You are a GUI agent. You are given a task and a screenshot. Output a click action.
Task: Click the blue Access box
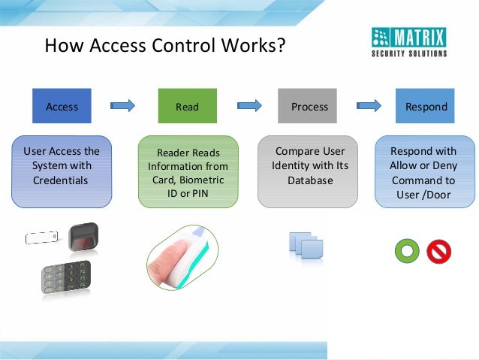tap(62, 106)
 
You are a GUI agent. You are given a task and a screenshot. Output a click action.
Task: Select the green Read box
tap(187, 106)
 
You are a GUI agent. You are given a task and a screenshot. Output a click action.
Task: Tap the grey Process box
tap(309, 106)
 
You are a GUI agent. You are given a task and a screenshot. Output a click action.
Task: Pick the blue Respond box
tap(426, 106)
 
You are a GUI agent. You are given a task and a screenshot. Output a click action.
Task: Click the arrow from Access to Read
tap(122, 105)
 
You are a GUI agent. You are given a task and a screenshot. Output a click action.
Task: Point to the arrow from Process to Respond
tap(368, 105)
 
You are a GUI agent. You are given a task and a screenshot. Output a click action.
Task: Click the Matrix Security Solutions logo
tap(409, 42)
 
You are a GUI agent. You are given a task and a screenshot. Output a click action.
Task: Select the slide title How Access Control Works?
tap(165, 46)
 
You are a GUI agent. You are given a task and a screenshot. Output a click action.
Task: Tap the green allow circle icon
tap(406, 251)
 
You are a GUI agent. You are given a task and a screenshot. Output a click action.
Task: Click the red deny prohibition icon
tap(438, 251)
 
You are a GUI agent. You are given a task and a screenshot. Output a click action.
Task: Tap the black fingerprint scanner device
tap(84, 237)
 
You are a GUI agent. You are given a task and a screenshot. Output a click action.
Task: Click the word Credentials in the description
tap(61, 180)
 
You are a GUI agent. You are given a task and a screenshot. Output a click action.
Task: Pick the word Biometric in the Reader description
tap(202, 180)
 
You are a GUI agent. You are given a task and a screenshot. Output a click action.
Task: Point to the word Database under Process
tap(309, 180)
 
